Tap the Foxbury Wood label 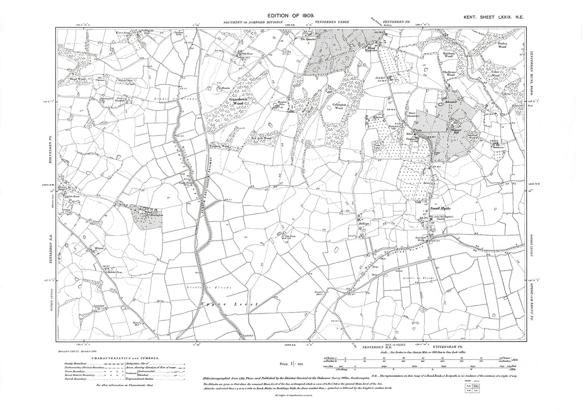[220, 147]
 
